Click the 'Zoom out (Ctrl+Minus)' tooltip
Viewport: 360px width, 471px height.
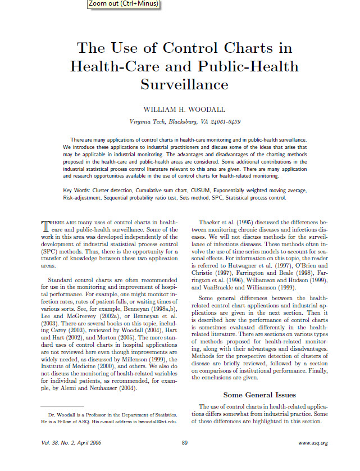pos(123,4)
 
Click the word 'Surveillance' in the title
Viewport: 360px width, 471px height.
pos(184,84)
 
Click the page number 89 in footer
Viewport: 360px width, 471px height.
pos(184,443)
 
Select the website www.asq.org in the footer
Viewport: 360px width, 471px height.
pos(313,443)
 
